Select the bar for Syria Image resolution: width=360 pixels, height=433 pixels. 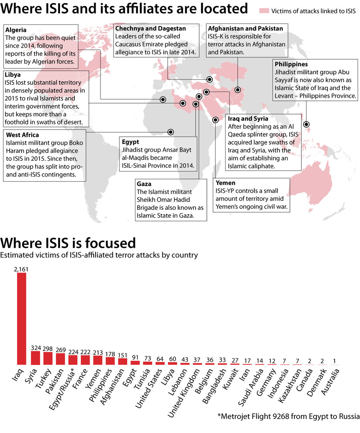pyautogui.click(x=36, y=358)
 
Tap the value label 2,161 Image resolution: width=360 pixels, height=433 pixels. pyautogui.click(x=21, y=269)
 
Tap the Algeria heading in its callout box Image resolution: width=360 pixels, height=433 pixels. pyautogui.click(x=16, y=30)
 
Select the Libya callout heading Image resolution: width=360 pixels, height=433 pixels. pyautogui.click(x=13, y=75)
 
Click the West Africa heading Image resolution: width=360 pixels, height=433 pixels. pyautogui.click(x=22, y=135)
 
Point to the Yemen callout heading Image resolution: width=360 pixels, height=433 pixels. pyautogui.click(x=226, y=183)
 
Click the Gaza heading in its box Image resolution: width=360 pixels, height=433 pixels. pyautogui.click(x=144, y=184)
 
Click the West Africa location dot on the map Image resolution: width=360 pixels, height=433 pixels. pyautogui.click(x=171, y=132)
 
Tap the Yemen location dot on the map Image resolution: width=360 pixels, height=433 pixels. pyautogui.click(x=215, y=119)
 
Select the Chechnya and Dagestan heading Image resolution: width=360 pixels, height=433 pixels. pyautogui.click(x=150, y=28)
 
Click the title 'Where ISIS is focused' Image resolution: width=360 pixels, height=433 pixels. pyautogui.click(x=68, y=243)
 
